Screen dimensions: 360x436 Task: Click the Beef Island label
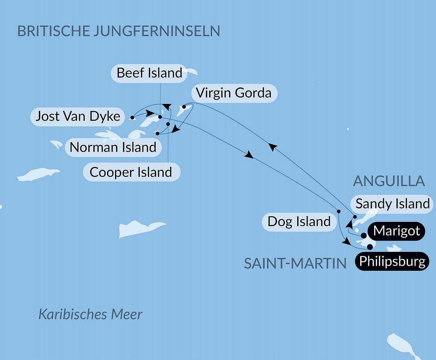149,73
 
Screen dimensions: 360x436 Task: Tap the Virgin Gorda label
234,93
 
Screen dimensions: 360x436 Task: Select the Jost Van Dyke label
78,117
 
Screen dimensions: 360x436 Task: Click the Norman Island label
113,147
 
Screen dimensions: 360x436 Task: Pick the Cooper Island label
131,172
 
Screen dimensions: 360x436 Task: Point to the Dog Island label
299,222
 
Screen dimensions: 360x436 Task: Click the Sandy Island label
392,204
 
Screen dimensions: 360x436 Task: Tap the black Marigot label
397,231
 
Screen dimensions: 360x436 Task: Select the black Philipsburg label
392,261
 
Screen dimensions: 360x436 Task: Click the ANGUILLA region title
389,181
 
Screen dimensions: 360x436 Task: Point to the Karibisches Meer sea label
90,315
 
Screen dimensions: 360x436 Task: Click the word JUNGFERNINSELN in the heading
156,31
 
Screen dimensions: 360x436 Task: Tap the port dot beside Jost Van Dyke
132,117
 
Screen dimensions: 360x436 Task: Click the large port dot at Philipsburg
370,247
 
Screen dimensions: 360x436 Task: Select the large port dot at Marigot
363,236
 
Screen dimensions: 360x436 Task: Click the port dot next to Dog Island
339,211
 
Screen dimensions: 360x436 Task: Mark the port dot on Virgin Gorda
184,107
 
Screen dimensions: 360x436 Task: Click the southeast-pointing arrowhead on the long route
249,155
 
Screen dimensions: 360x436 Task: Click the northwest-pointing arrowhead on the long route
272,147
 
